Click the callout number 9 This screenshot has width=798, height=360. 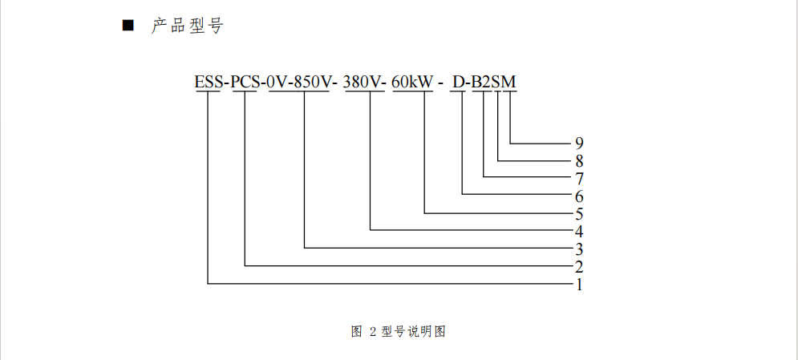[x=578, y=144]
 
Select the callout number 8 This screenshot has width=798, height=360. [x=578, y=160]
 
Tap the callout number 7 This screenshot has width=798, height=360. [x=578, y=178]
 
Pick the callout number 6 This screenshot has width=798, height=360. [x=578, y=196]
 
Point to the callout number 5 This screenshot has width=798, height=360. [x=578, y=213]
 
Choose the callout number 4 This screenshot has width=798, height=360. [x=578, y=231]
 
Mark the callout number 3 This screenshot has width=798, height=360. [x=578, y=249]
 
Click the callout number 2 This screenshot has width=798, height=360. [x=578, y=266]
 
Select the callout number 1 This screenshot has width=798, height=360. [x=578, y=284]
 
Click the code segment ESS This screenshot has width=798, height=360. [x=209, y=81]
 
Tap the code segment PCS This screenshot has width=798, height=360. [x=245, y=81]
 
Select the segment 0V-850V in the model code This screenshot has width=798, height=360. [x=299, y=81]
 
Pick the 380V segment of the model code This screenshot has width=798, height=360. [x=365, y=81]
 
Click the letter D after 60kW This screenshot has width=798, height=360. [x=458, y=81]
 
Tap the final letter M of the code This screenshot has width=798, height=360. [x=509, y=81]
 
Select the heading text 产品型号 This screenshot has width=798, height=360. [x=187, y=26]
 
